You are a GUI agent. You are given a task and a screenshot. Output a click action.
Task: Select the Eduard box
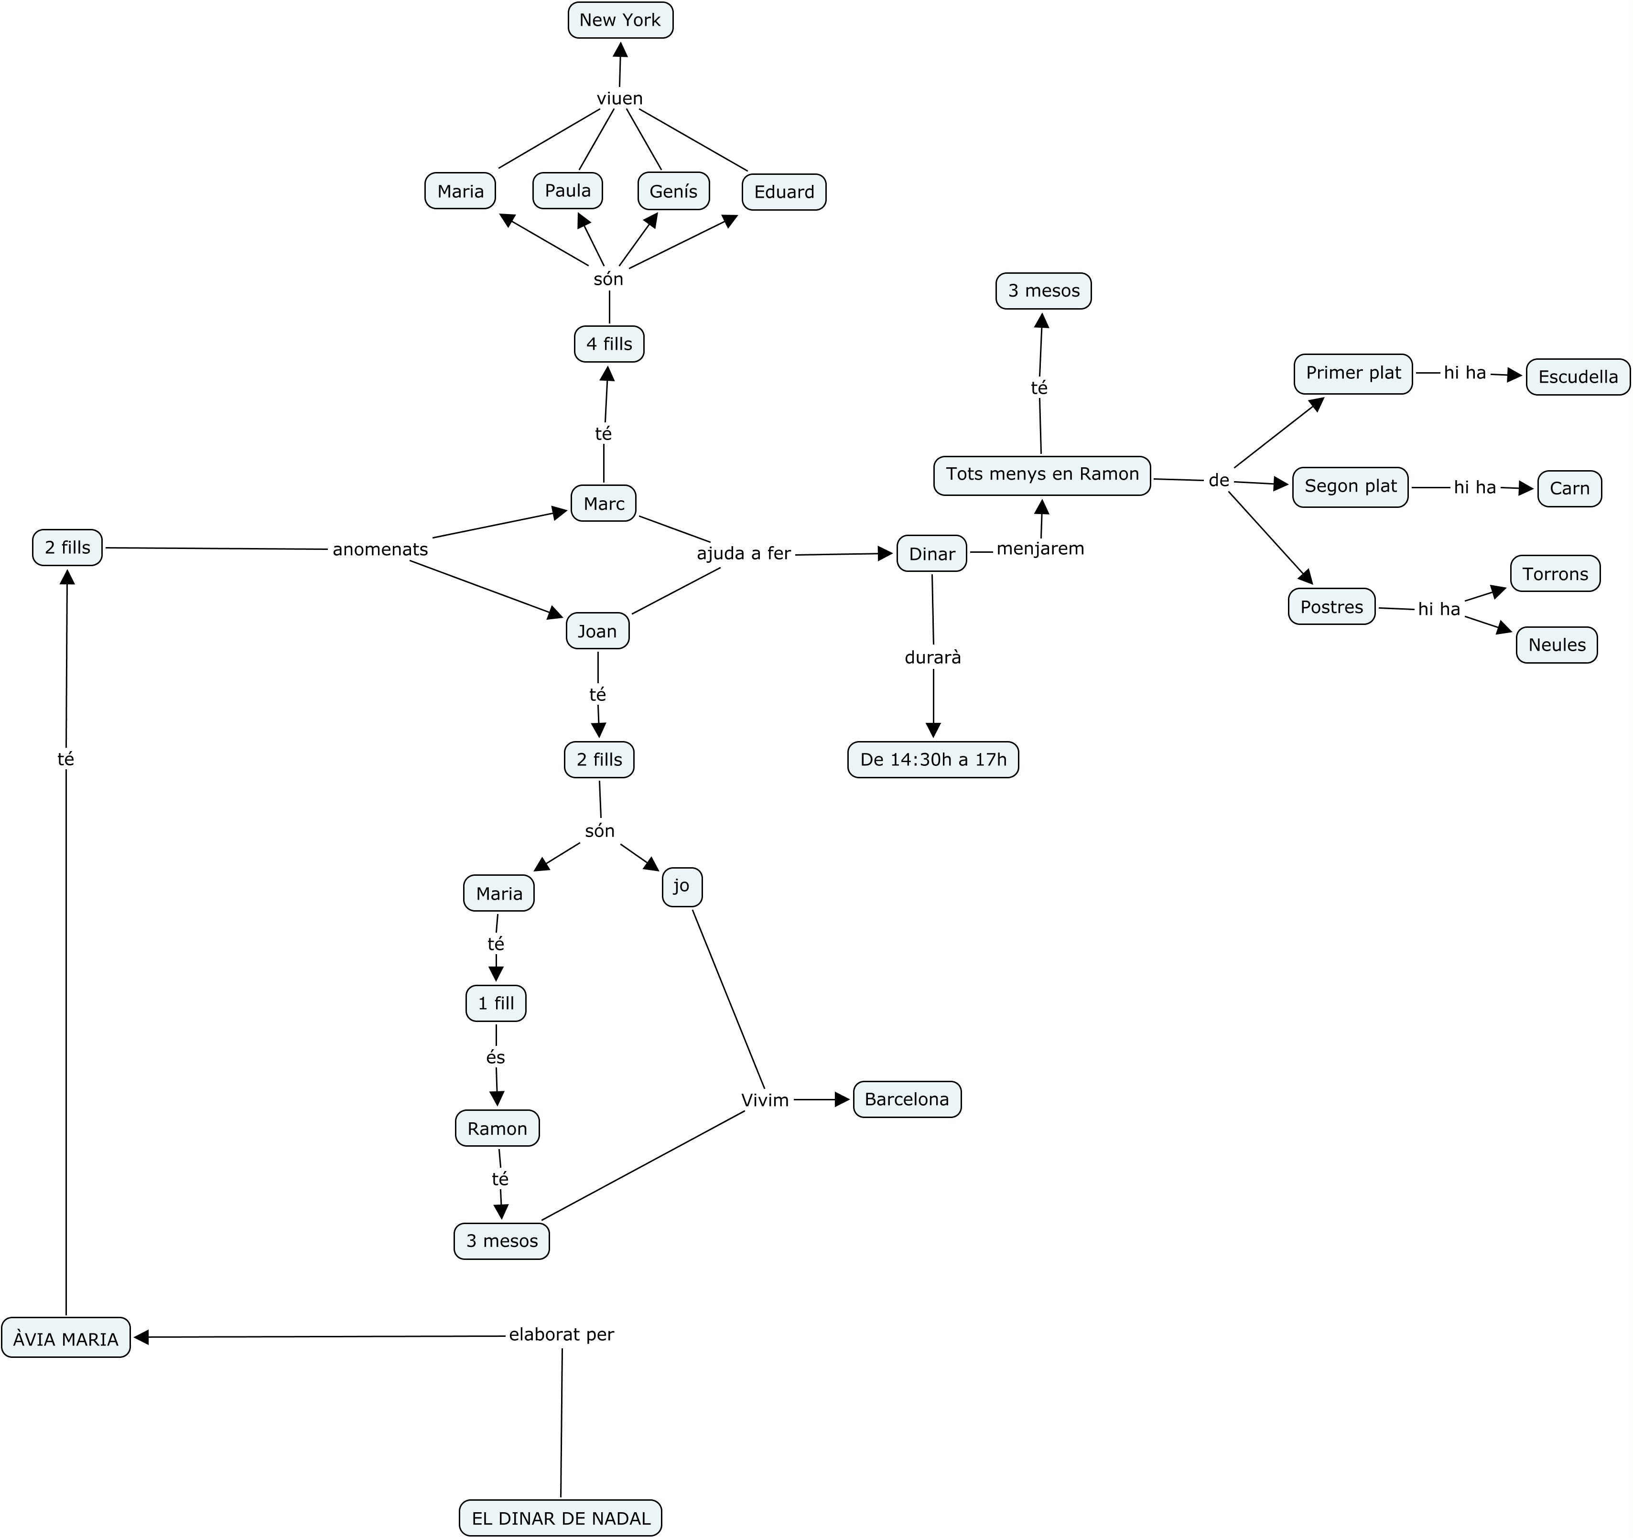coord(784,192)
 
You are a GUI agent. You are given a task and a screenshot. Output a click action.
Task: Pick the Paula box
coord(568,191)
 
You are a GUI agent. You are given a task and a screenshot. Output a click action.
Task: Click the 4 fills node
coord(609,344)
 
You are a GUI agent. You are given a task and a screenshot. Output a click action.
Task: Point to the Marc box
coord(604,504)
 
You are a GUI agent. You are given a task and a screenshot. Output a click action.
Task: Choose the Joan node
coord(597,631)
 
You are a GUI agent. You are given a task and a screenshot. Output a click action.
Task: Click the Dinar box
coord(931,554)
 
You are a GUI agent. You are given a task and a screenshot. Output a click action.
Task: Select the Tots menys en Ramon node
coord(1041,474)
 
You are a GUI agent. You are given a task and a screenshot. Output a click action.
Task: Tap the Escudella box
coord(1577,377)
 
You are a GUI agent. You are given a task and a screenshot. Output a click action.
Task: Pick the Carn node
coord(1569,489)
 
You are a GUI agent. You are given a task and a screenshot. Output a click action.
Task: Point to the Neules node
coord(1556,645)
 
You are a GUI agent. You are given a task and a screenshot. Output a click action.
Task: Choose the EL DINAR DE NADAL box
coord(560,1518)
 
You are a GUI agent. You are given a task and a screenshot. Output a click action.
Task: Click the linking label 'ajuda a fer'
coord(744,553)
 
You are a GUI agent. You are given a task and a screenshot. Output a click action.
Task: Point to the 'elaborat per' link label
coord(561,1334)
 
